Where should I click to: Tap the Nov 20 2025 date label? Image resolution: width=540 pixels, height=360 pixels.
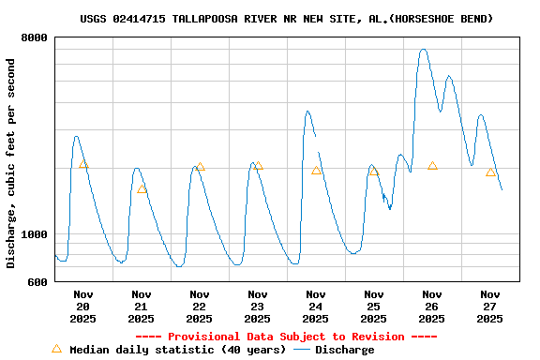tap(82, 307)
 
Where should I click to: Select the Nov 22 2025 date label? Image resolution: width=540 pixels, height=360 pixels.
tap(199, 307)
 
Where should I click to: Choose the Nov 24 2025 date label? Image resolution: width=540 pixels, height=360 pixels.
tap(315, 307)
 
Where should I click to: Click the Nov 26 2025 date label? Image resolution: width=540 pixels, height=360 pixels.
tap(431, 307)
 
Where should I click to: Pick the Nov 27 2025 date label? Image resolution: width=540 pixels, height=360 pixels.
tap(489, 307)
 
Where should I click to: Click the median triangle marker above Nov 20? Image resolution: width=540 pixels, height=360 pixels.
tap(83, 165)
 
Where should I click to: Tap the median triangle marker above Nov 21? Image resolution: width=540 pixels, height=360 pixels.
tap(142, 189)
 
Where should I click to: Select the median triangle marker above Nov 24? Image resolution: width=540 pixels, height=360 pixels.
tap(317, 171)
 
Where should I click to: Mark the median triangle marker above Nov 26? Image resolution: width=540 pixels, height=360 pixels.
tap(432, 166)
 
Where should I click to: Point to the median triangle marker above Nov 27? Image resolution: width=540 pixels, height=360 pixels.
tap(490, 172)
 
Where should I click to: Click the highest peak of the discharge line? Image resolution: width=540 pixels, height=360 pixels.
tap(424, 50)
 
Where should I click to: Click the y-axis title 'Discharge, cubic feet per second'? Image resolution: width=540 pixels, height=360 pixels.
tap(11, 163)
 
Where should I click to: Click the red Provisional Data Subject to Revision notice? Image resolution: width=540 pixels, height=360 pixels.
tap(286, 337)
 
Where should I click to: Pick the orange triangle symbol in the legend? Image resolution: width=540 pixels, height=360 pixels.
tap(56, 349)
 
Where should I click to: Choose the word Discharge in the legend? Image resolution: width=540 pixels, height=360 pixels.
tap(344, 350)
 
